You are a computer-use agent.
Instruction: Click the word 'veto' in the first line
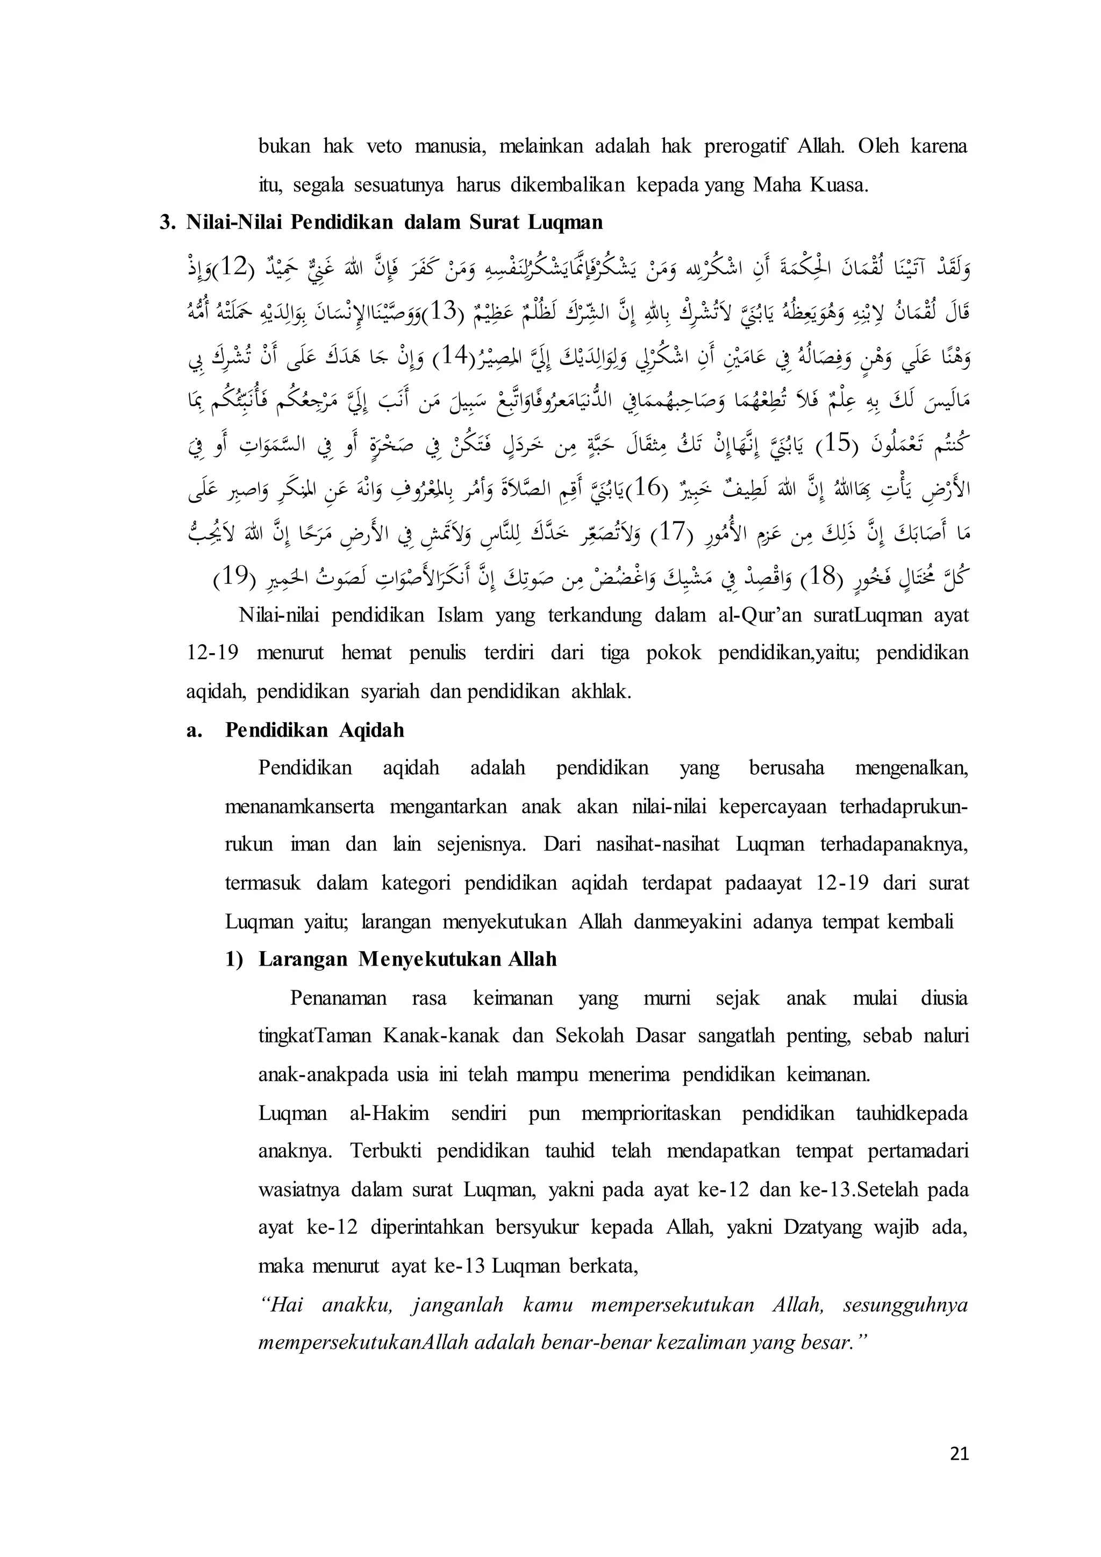(384, 146)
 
